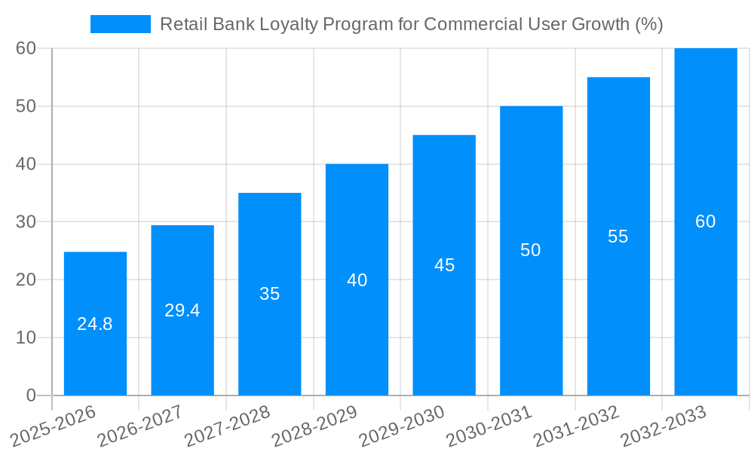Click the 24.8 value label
(x=95, y=325)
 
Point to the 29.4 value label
(x=182, y=310)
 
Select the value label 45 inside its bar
(x=444, y=265)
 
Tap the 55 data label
(x=618, y=237)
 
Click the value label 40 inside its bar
(x=357, y=280)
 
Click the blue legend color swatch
(x=121, y=24)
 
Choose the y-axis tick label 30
(x=26, y=222)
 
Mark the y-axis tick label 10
(x=26, y=337)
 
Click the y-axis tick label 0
(x=31, y=395)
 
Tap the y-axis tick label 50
(x=26, y=106)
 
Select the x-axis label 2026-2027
(x=140, y=426)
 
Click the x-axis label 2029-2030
(x=402, y=426)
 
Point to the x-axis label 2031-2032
(x=577, y=426)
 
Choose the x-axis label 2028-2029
(x=314, y=426)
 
